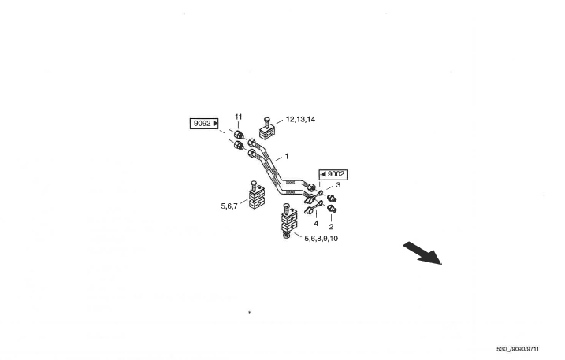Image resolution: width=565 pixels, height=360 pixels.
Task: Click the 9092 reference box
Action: tap(205, 124)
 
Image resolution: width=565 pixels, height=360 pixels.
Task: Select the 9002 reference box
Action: tap(333, 174)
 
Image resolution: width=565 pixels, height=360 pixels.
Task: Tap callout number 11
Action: tap(238, 117)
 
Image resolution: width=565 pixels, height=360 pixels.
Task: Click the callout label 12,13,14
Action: tap(300, 119)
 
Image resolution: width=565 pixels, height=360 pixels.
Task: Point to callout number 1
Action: tap(287, 156)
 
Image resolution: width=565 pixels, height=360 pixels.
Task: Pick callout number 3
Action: tap(338, 186)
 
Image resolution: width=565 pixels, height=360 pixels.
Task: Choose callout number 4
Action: tap(316, 223)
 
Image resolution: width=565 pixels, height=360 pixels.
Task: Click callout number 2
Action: tap(331, 226)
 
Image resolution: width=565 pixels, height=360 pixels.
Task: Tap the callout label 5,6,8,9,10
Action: tap(321, 237)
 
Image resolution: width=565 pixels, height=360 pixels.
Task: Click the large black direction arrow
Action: tap(422, 253)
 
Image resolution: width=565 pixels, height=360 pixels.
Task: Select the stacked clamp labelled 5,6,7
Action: tap(258, 199)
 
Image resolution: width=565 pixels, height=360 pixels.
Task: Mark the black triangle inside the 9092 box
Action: tap(215, 124)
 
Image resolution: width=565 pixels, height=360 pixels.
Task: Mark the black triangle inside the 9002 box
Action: tap(323, 174)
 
